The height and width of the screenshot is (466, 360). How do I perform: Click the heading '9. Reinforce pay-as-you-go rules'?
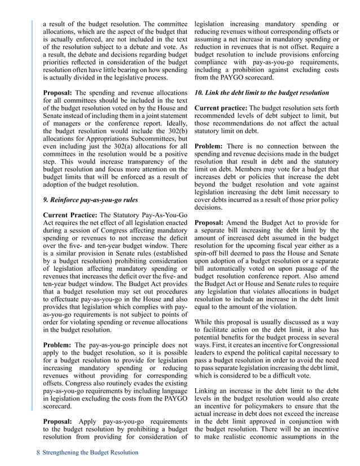[91, 199]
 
